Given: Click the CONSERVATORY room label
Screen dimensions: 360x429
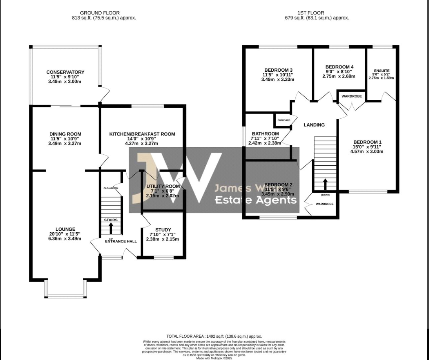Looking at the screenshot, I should [x=65, y=72].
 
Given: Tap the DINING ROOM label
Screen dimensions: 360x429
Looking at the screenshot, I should [x=65, y=134].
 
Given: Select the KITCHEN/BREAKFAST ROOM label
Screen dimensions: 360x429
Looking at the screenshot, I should [x=142, y=134].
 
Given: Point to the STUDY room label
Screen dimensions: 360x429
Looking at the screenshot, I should [x=163, y=230].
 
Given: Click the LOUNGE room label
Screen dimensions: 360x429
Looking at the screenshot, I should [x=65, y=229].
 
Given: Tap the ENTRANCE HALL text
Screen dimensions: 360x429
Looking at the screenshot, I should [x=121, y=241].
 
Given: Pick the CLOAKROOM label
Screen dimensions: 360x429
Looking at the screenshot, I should [x=111, y=188].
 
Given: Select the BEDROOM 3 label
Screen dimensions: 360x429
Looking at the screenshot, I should [x=278, y=70].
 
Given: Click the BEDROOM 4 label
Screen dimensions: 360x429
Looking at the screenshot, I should [x=340, y=67].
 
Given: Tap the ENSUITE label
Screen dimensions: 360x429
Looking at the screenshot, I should [x=382, y=71].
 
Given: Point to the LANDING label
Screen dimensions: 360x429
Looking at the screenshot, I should [x=314, y=125].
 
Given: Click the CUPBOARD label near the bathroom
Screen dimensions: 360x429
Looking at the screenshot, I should [x=284, y=120].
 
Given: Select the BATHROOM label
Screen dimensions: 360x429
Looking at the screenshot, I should [x=265, y=134].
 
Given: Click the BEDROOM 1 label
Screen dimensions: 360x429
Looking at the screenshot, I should [x=367, y=142].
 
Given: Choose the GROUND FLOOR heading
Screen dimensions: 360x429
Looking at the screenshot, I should [x=100, y=13].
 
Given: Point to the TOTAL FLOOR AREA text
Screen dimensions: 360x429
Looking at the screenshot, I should [x=214, y=336].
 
